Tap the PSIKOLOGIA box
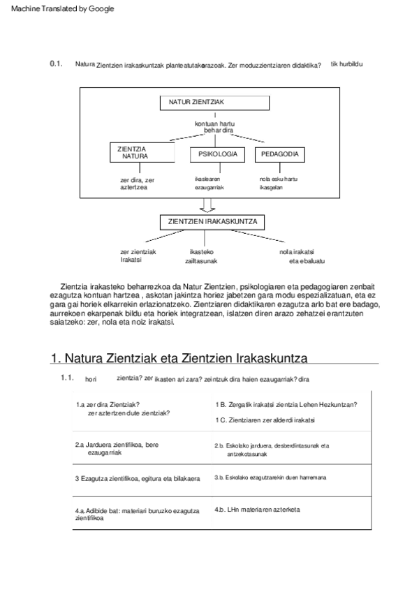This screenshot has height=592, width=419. tap(217, 154)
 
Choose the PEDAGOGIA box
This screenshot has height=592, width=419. tap(279, 154)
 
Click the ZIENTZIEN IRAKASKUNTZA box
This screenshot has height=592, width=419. tap(212, 222)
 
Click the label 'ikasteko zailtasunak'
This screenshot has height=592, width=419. tap(201, 256)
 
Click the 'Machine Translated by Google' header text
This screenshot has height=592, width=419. tap(62, 8)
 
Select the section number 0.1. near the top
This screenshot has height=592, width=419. tap(57, 64)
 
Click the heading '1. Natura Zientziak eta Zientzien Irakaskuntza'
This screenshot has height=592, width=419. tap(179, 358)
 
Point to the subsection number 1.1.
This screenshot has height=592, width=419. tap(67, 378)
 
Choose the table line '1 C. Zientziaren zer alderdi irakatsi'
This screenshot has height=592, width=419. tap(265, 420)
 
